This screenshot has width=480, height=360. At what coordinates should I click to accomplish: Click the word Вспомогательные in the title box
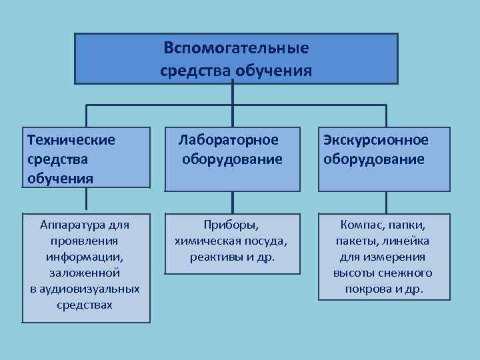pos(236,48)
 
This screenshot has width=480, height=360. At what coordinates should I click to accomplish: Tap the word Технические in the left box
pos(71,140)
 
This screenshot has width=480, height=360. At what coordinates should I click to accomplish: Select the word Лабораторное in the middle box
pos(228,140)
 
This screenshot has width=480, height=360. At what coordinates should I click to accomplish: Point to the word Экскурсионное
pos(376,140)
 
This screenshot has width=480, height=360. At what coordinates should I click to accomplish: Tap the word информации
pos(85,257)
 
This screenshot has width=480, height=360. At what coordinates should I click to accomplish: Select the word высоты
pos(354,273)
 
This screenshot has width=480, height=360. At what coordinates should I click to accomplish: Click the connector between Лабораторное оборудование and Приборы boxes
pos(232,203)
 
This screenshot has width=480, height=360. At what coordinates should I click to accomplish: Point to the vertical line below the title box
pos(232,93)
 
